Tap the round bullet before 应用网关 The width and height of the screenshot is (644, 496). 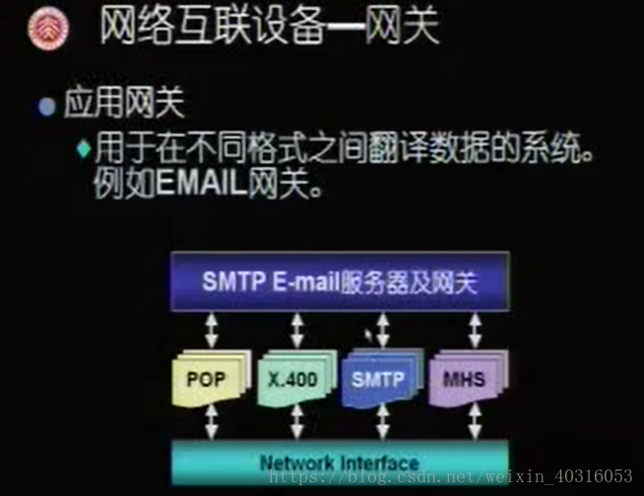click(x=45, y=105)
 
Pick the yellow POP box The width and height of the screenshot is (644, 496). click(x=207, y=377)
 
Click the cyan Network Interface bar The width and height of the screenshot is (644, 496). click(x=340, y=462)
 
